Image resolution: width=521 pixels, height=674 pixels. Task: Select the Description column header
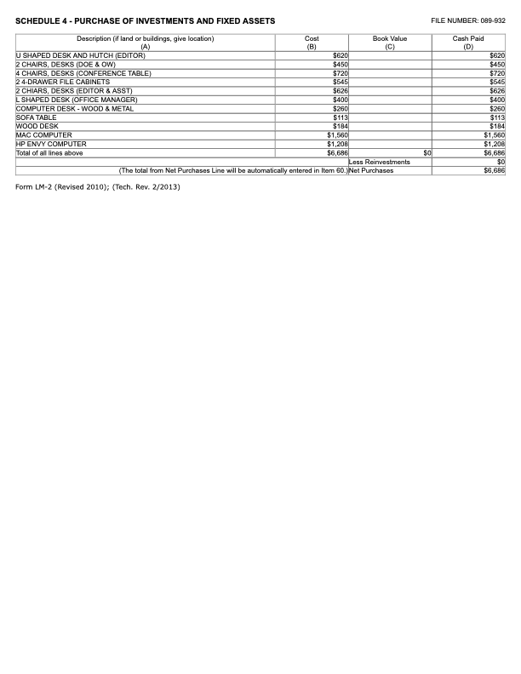click(146, 43)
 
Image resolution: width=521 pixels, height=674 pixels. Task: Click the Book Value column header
click(390, 43)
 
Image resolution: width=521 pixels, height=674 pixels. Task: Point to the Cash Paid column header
click(468, 43)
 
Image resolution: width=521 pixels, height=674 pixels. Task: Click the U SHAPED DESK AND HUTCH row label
click(80, 55)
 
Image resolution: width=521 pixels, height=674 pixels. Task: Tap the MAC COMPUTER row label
click(43, 135)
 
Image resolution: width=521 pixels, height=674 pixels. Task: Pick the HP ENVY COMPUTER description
click(51, 144)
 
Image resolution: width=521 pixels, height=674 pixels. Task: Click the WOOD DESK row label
click(37, 126)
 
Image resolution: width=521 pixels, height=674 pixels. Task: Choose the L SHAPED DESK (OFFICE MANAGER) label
click(77, 100)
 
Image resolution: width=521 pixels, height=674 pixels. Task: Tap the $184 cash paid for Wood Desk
click(497, 126)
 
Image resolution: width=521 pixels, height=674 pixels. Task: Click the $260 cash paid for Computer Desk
click(497, 108)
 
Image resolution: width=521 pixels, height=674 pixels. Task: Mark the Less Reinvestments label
click(380, 162)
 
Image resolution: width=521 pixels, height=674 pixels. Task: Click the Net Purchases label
click(371, 170)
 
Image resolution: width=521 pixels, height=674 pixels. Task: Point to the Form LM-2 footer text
click(98, 186)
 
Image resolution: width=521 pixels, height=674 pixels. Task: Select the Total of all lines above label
click(49, 153)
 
